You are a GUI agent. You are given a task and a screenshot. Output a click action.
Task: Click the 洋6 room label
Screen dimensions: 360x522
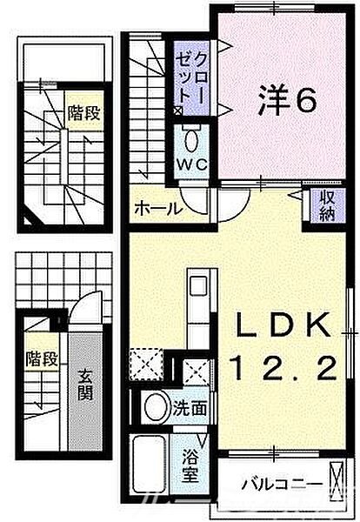287,100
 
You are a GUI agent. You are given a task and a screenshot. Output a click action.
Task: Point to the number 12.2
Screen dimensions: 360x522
285,367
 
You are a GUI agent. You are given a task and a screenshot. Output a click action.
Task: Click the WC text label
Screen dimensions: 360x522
192,164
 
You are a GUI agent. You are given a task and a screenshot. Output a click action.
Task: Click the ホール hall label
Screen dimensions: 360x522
158,209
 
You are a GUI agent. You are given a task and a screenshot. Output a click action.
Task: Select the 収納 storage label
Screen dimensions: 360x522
327,206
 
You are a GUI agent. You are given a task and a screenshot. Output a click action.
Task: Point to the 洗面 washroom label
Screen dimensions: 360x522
190,408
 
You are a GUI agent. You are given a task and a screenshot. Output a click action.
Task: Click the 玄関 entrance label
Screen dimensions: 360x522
85,385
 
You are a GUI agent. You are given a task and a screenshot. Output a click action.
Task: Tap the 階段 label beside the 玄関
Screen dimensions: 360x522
42,358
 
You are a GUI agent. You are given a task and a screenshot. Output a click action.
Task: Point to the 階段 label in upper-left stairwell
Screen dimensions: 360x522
83,112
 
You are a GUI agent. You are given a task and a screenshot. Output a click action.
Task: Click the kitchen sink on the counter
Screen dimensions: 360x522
198,286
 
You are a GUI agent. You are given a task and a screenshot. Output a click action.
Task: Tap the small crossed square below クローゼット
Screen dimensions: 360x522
177,110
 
